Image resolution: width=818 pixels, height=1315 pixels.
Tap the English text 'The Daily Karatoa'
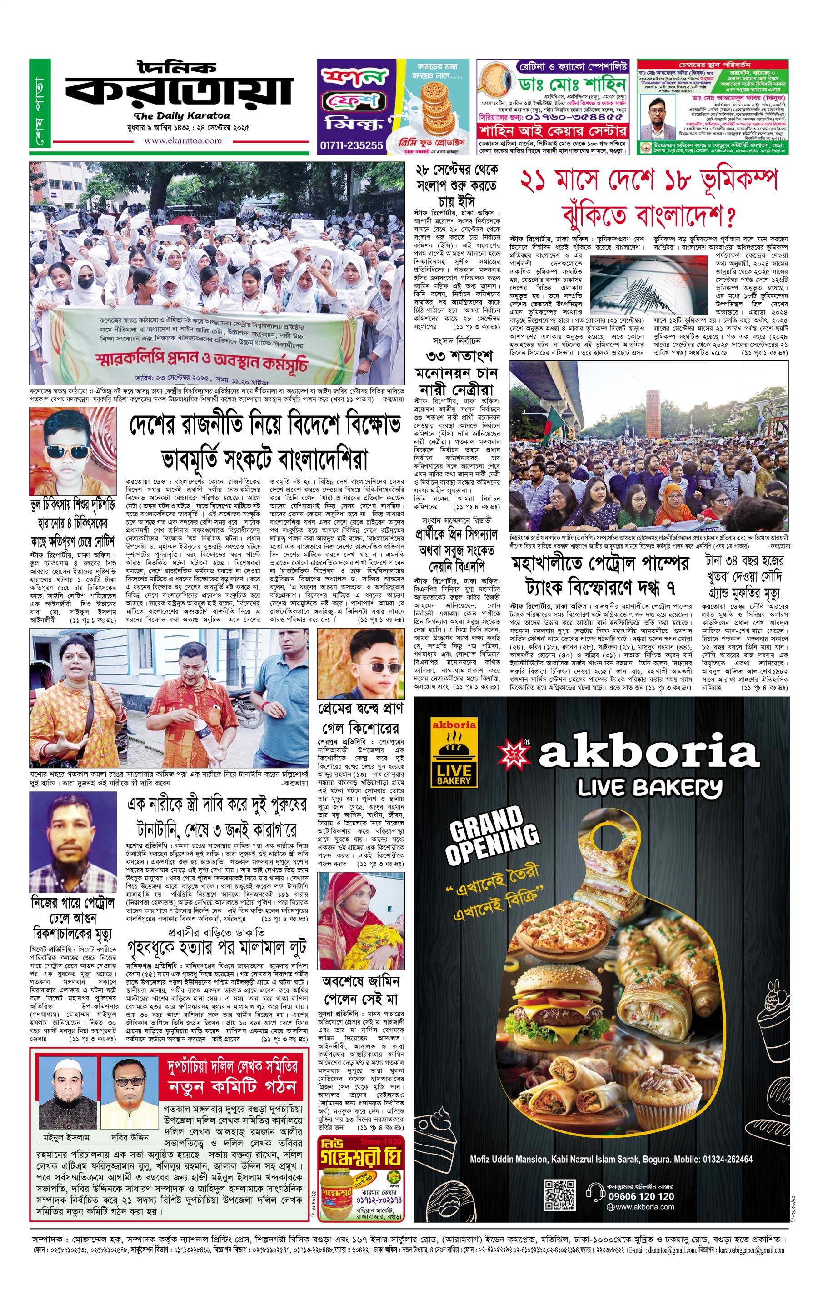point(182,116)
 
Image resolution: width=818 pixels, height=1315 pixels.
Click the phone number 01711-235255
point(352,145)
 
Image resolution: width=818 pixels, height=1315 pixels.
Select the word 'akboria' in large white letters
point(649,751)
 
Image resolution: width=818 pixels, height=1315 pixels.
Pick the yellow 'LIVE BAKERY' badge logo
point(454,752)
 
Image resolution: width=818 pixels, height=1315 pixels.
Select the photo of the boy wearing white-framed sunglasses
point(73,451)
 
